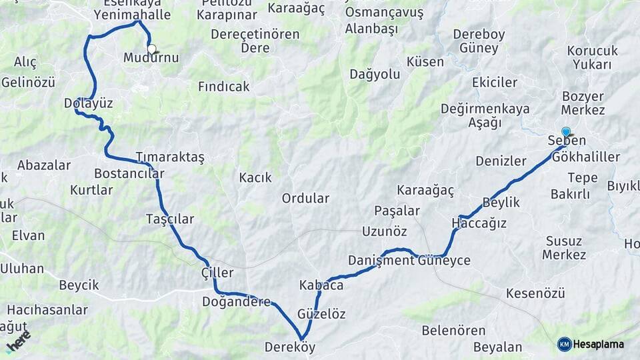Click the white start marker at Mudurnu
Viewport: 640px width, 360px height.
point(152,48)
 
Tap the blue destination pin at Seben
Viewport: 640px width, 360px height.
point(566,132)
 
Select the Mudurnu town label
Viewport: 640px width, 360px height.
point(151,58)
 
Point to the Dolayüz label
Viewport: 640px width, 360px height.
point(88,103)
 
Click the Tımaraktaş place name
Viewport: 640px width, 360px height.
point(169,157)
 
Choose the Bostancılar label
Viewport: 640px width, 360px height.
point(129,173)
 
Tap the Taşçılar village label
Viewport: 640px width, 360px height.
point(170,219)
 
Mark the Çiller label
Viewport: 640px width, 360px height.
point(217,273)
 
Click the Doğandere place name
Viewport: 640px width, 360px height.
point(237,301)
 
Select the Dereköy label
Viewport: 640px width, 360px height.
point(289,347)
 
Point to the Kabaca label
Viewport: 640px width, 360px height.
point(321,285)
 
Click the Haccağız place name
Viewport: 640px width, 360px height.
point(479,223)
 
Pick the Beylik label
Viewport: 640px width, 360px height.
point(501,202)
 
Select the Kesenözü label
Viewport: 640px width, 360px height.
point(535,293)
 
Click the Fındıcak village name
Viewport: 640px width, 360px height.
point(224,87)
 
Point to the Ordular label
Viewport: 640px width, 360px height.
point(305,198)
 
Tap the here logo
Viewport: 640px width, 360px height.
point(18,340)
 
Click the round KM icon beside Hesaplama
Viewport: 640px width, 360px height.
point(565,344)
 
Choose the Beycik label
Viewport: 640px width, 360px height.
point(79,285)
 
